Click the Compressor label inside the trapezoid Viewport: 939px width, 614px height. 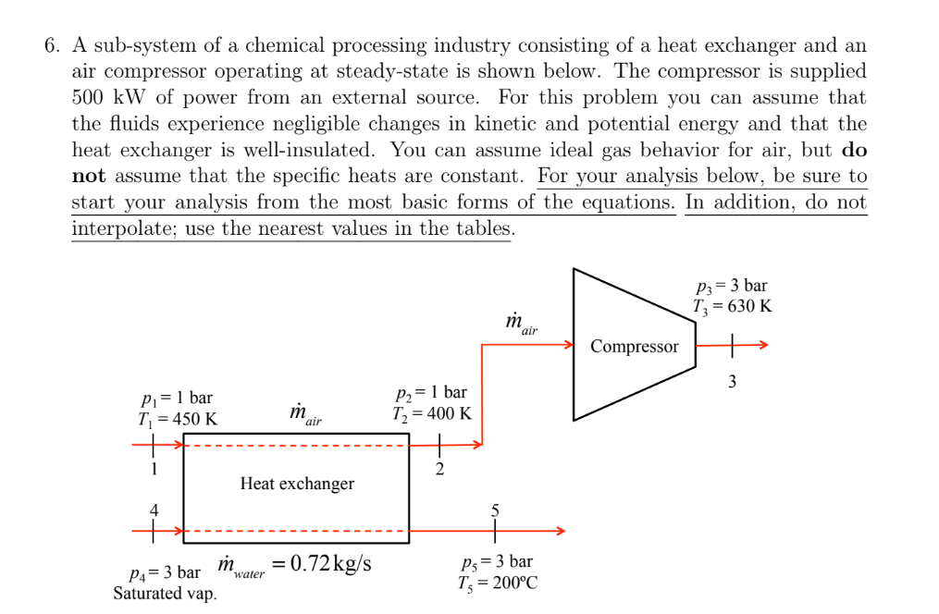(634, 347)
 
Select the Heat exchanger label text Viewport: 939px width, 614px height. (297, 484)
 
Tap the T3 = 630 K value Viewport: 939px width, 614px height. (732, 306)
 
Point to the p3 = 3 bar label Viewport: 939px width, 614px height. (731, 287)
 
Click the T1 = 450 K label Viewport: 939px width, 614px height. (178, 418)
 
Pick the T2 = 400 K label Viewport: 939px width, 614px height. (433, 413)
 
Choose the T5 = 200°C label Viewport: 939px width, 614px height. (498, 583)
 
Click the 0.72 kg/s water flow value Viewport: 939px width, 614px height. (331, 563)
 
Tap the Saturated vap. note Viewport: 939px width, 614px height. (166, 594)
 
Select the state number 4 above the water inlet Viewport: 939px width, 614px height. (154, 509)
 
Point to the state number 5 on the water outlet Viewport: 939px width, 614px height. (495, 510)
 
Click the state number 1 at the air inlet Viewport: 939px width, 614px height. (154, 468)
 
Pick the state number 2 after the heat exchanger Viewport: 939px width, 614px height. (439, 469)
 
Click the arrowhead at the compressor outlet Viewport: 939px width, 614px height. (761, 346)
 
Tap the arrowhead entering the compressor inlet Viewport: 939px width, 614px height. (569, 346)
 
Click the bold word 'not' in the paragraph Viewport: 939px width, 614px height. (90, 176)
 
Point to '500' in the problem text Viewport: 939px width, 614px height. (90, 97)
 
